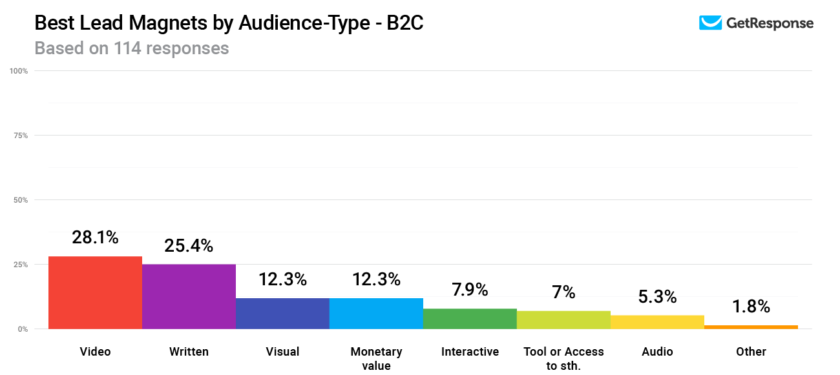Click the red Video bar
click(95, 292)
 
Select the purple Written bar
click(189, 296)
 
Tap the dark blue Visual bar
click(282, 313)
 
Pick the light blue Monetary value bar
click(376, 313)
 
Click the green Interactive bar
click(470, 318)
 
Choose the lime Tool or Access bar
click(563, 319)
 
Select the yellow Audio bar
click(657, 321)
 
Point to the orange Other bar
click(751, 327)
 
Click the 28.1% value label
click(95, 238)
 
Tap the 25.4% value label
click(189, 246)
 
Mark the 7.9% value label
click(470, 290)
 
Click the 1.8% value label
click(751, 307)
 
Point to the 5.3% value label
click(657, 297)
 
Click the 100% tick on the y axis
click(19, 71)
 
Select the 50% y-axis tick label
click(21, 200)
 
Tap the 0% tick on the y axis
click(23, 329)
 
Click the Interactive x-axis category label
click(470, 352)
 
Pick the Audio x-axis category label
click(657, 352)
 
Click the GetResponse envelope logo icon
click(710, 23)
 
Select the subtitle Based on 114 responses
click(131, 48)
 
